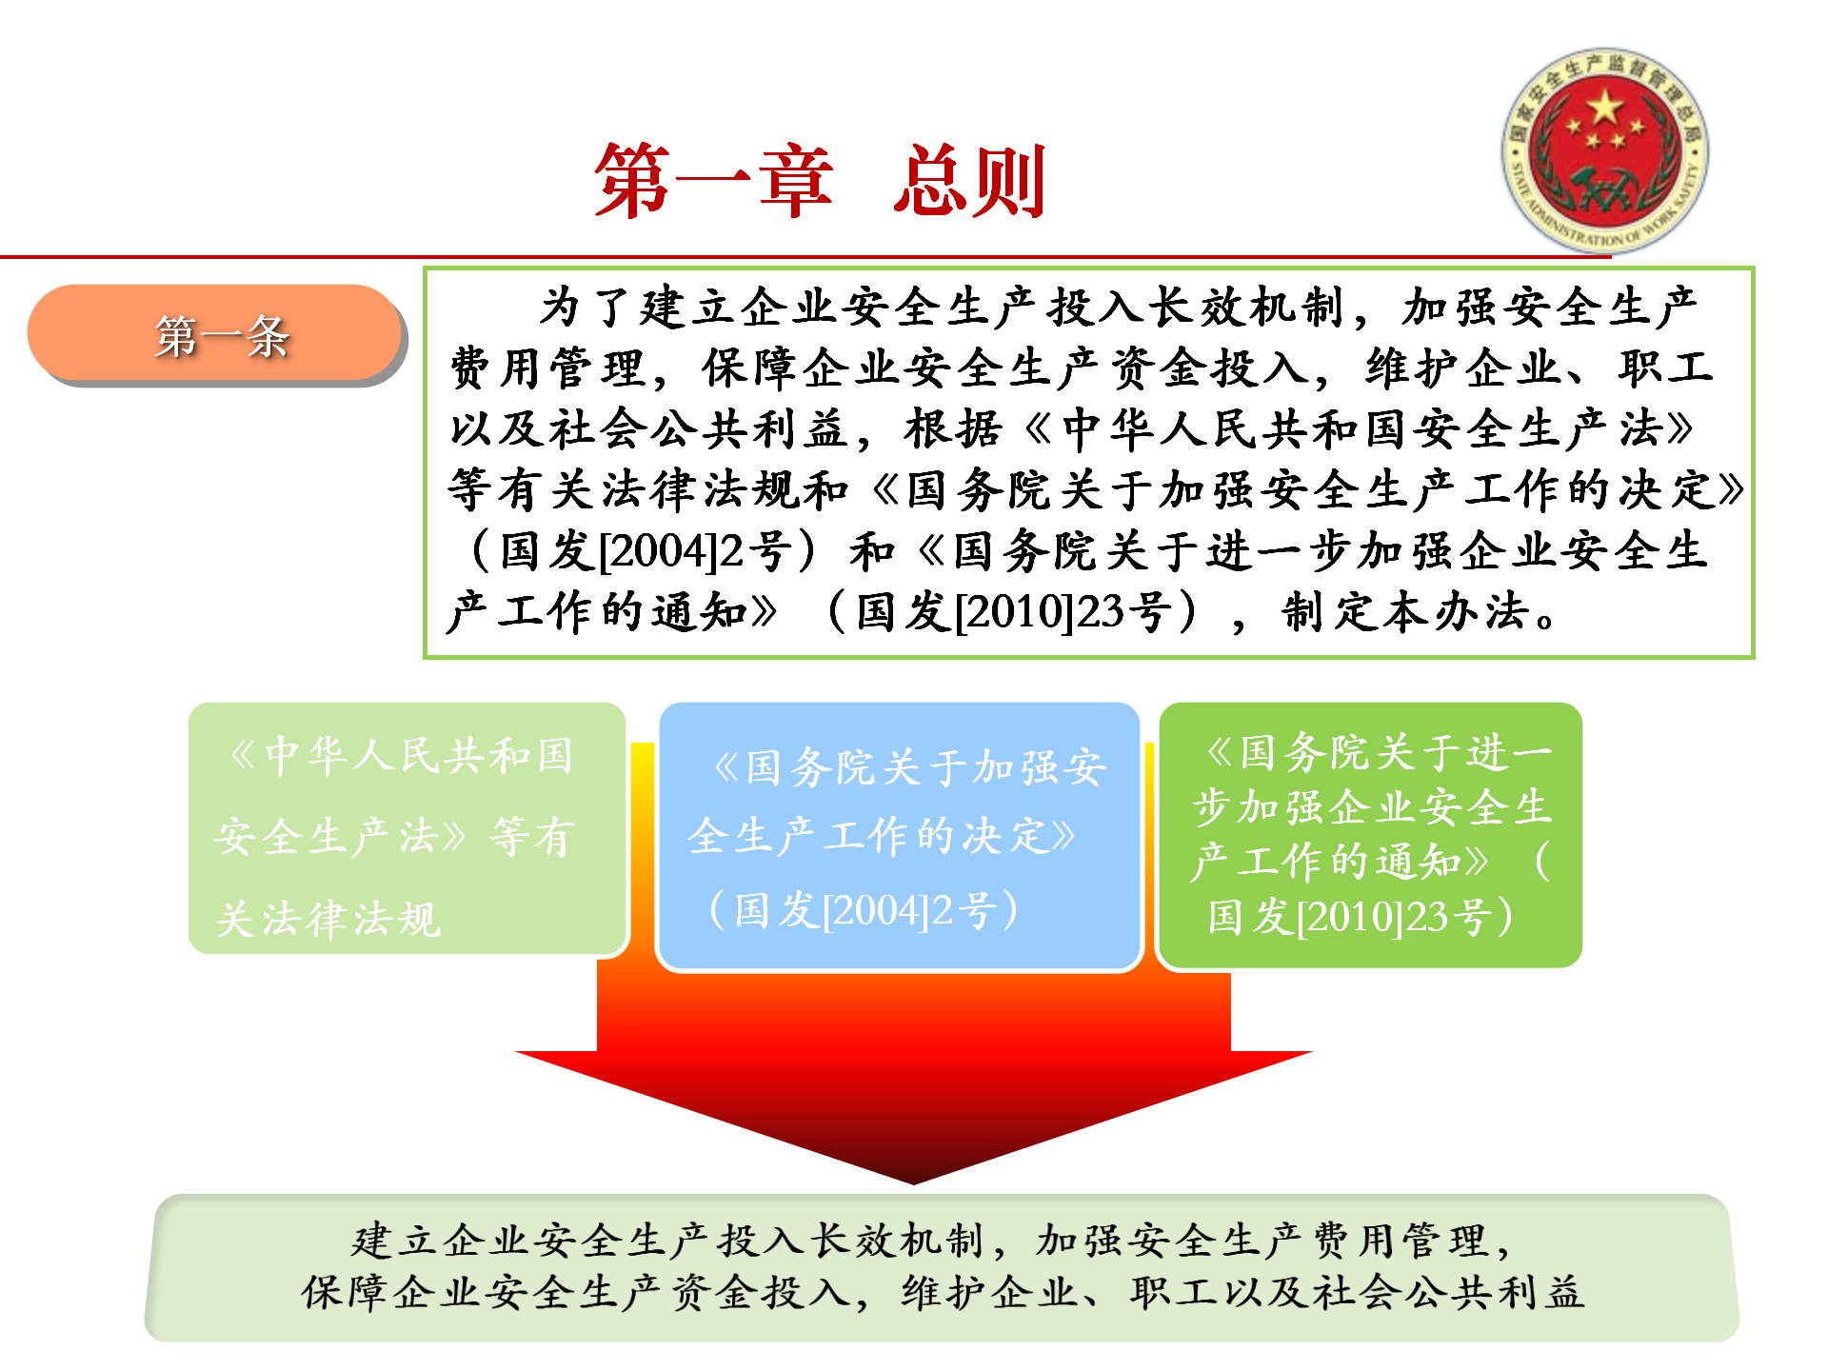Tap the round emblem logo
tap(1604, 150)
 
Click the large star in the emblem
tap(1605, 108)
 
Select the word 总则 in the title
tap(970, 181)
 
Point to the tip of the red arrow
tap(914, 1183)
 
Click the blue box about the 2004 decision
tap(899, 836)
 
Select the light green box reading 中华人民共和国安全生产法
tap(407, 828)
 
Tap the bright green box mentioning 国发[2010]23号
tap(1370, 835)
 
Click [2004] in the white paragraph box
tap(656, 551)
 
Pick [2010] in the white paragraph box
tap(1013, 611)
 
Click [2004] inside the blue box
tap(876, 910)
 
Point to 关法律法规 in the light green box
tap(328, 919)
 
